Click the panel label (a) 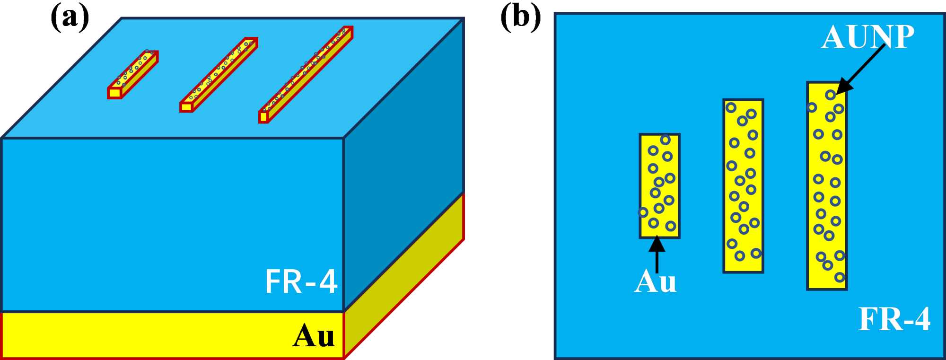click(70, 19)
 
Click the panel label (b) click(520, 19)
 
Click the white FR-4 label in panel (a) click(301, 282)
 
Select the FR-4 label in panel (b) click(894, 319)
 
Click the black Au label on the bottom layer click(313, 336)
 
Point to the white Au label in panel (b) click(655, 282)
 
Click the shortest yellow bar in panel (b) click(659, 186)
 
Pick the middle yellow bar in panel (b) click(743, 186)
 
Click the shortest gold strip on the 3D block click(133, 74)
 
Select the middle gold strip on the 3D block click(219, 74)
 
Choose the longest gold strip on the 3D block click(306, 74)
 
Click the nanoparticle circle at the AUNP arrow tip click(830, 95)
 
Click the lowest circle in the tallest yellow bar click(840, 277)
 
